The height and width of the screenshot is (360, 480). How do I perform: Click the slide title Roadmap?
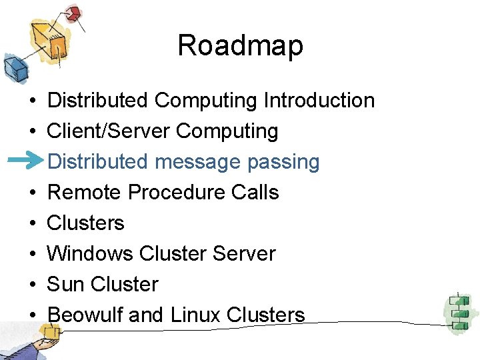pos(240,46)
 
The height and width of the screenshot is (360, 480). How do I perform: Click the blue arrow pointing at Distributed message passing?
pos(29,161)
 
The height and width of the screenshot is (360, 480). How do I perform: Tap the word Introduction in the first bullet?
pos(319,101)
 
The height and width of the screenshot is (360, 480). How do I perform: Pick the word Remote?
pos(85,193)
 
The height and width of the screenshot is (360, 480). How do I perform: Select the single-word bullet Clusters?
pos(86,223)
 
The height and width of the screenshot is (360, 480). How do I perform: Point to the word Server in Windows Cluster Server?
pos(243,253)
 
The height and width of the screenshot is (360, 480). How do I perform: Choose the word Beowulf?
pos(85,315)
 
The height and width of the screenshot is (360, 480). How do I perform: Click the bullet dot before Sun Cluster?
pos(32,285)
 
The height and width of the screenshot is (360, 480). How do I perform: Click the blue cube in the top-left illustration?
pos(13,67)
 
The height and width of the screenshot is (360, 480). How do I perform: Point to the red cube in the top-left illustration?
pos(73,13)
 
